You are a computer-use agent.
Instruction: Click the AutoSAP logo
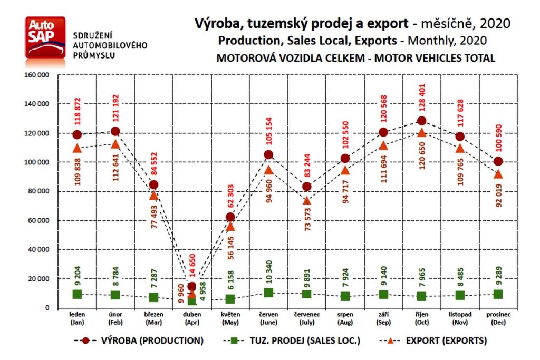pyautogui.click(x=45, y=37)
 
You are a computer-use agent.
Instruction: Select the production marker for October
pyautogui.click(x=421, y=121)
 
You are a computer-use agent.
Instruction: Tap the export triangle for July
pyautogui.click(x=307, y=200)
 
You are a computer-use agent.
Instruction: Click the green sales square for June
pyautogui.click(x=268, y=293)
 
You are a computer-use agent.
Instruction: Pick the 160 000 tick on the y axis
pyautogui.click(x=37, y=75)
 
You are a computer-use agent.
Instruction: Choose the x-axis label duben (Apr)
pyautogui.click(x=191, y=318)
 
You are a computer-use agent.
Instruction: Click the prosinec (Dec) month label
pyautogui.click(x=498, y=318)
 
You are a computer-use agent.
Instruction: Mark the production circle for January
pyautogui.click(x=77, y=134)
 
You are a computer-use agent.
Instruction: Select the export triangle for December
pyautogui.click(x=498, y=174)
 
